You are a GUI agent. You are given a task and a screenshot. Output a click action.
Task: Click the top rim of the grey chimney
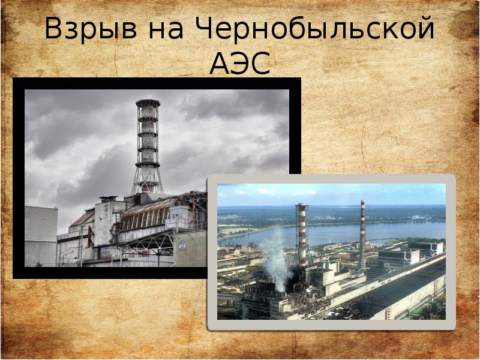click(x=148, y=103)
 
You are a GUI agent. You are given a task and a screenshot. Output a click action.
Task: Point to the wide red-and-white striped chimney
click(x=301, y=234)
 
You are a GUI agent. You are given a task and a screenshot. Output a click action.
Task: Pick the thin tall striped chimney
click(x=362, y=234)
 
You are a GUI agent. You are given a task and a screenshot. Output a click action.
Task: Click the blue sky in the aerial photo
click(x=330, y=193)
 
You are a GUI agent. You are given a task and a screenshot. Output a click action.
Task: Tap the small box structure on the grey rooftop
click(x=108, y=199)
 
